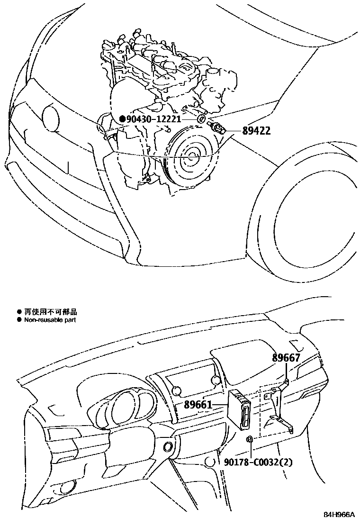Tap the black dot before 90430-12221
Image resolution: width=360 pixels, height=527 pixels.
point(122,119)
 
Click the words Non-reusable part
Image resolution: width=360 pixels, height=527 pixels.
point(50,320)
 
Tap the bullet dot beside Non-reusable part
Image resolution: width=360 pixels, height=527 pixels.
point(19,320)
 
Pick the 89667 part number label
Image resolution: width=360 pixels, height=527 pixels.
point(286,358)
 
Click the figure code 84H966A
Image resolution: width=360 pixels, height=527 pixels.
point(339,515)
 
